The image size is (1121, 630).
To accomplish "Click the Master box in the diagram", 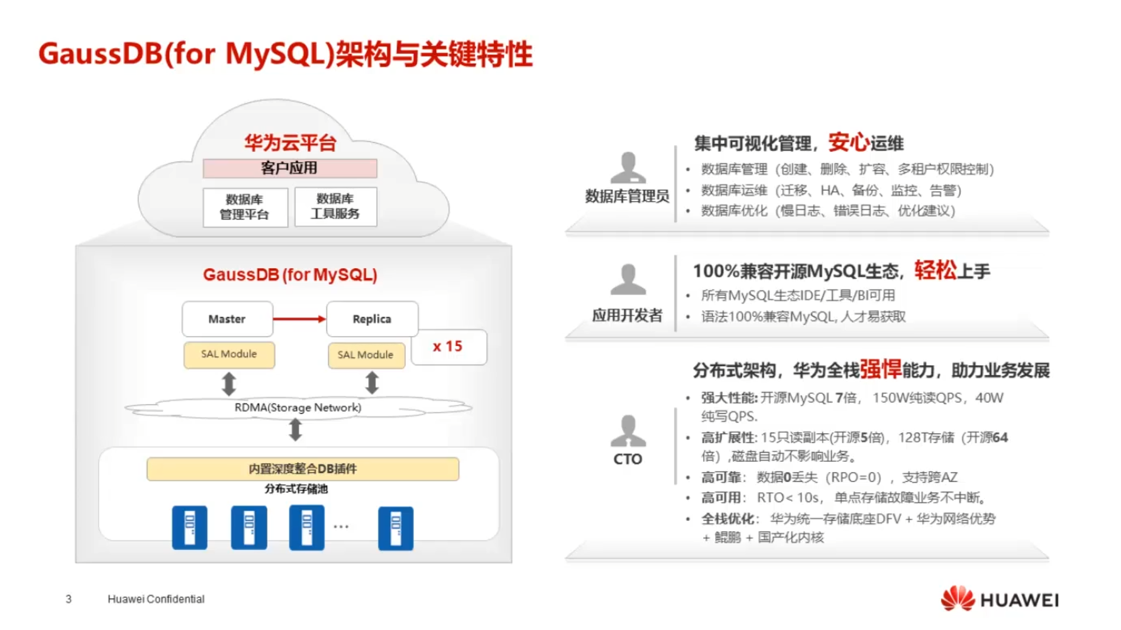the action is click(x=227, y=319).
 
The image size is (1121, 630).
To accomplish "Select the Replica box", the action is click(x=372, y=319).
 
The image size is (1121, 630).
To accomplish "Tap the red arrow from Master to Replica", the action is click(x=299, y=319).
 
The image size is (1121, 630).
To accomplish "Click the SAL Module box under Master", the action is click(x=229, y=354).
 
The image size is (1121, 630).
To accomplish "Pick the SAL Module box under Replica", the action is click(x=366, y=355).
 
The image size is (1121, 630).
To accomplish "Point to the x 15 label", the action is click(x=448, y=347).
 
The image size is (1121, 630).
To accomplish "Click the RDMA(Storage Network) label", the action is click(x=298, y=407).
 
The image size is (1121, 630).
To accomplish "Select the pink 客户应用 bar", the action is click(x=289, y=168).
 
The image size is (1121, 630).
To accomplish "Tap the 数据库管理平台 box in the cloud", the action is click(x=244, y=207).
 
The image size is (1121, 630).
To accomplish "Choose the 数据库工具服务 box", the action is click(x=335, y=206).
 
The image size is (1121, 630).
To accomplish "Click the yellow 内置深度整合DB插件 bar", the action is click(x=302, y=469).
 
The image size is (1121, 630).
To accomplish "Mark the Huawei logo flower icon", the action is click(x=957, y=598).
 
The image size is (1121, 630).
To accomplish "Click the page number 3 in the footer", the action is click(x=69, y=599).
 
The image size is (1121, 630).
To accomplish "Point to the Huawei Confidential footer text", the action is click(x=156, y=599).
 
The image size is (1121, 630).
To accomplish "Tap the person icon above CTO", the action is click(x=628, y=431).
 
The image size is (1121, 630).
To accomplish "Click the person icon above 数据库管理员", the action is click(x=628, y=167).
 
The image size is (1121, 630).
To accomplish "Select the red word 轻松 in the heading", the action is click(x=935, y=270).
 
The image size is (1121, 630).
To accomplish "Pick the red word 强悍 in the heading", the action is click(x=880, y=369).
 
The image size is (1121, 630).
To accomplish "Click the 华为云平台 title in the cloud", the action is click(x=290, y=143).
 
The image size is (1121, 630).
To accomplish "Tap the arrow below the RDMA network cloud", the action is click(x=295, y=430).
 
